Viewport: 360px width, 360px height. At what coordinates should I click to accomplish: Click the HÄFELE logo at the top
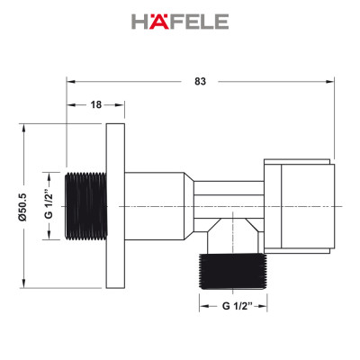(180, 21)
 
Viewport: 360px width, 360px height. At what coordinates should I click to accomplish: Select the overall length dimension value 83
(200, 81)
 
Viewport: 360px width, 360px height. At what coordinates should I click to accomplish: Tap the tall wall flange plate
(115, 205)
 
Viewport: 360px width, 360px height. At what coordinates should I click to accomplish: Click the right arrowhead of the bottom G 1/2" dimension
(267, 306)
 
